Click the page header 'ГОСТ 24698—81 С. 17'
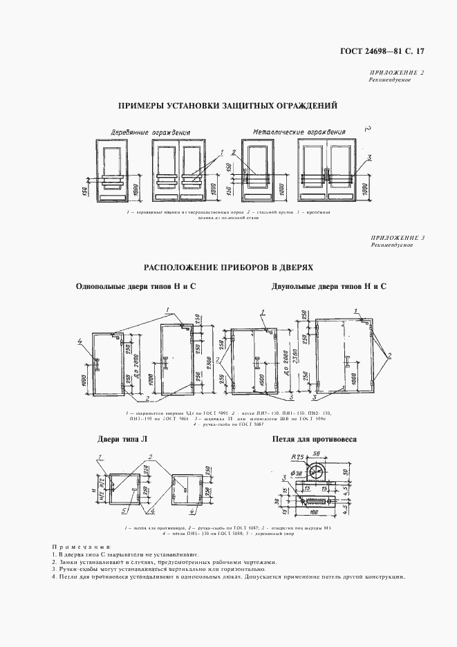point(392,51)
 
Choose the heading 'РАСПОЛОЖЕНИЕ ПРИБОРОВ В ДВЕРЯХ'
point(228,267)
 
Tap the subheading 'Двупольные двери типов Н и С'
point(329,286)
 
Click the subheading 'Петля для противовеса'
point(314,440)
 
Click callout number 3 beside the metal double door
point(370,158)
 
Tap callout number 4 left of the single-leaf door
point(80,340)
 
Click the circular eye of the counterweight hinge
point(317,472)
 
